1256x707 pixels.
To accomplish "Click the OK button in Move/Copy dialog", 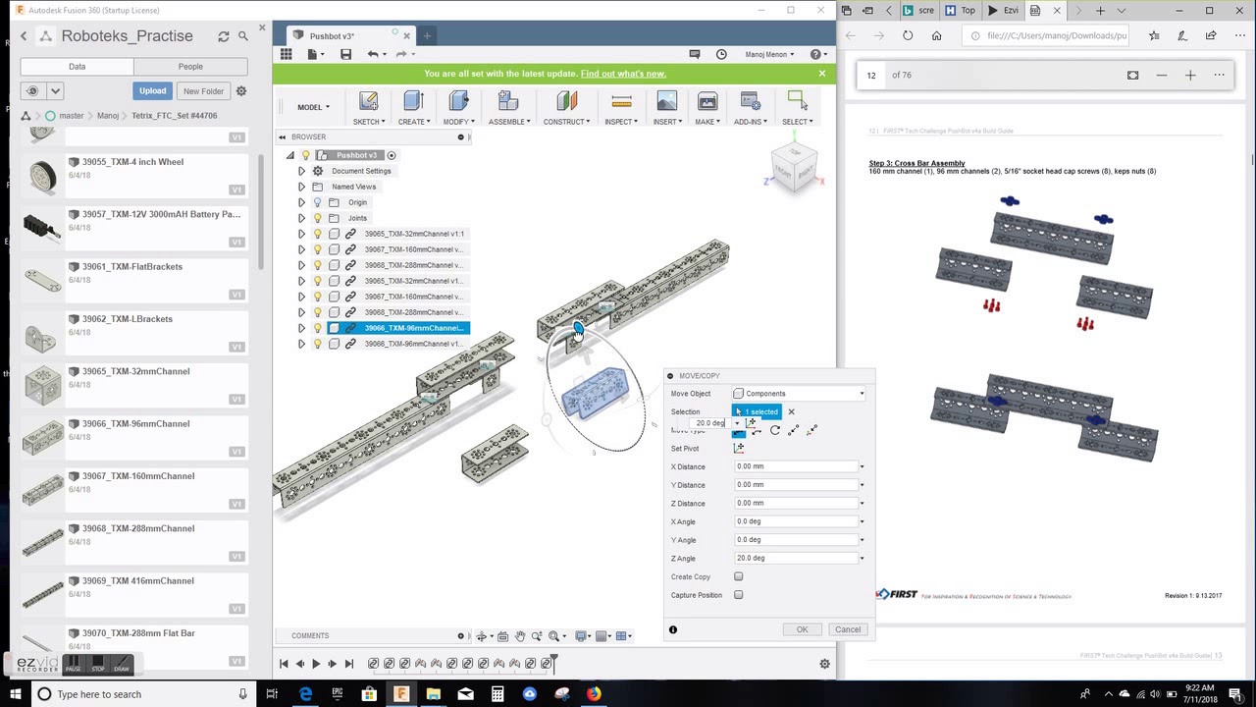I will pos(802,629).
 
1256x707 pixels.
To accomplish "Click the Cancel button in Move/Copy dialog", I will pos(847,629).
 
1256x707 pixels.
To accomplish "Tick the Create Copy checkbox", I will pos(739,577).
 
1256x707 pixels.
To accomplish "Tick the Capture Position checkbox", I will pos(739,595).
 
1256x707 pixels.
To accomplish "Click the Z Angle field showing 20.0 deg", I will pos(796,558).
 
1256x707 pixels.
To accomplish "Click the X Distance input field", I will pos(796,466).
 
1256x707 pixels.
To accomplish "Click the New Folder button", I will pos(203,91).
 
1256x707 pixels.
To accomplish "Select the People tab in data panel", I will pos(190,67).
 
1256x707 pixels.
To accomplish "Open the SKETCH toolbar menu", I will pos(368,108).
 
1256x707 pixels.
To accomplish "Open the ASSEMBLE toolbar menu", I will pos(508,108).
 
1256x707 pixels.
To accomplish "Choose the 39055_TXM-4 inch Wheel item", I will pos(126,162).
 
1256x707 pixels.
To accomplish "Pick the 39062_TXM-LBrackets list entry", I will pos(120,319).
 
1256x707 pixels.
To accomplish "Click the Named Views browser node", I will pos(353,187).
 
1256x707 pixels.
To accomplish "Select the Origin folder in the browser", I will pos(357,202).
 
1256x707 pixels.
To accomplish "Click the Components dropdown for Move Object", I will pos(800,394).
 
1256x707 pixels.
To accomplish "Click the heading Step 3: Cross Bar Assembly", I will pos(916,163).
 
